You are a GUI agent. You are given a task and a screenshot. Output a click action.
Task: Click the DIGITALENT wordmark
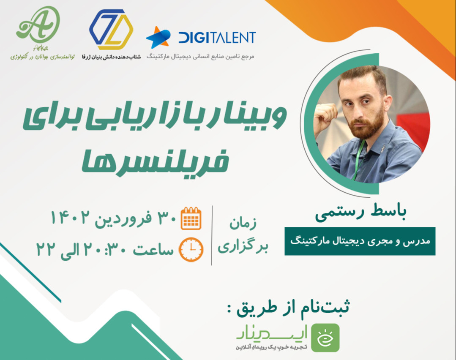[217, 37]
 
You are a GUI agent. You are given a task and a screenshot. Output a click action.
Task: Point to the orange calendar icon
[191, 218]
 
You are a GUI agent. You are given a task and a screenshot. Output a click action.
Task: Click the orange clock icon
[191, 250]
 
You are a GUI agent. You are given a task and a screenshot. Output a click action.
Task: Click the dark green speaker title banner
[360, 241]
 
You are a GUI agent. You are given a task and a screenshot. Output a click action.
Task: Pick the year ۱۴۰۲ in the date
[70, 218]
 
